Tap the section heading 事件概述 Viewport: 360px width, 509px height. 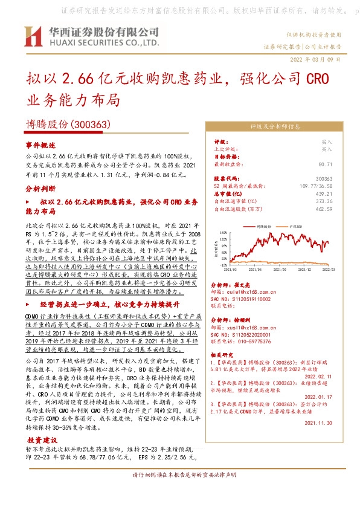pyautogui.click(x=40, y=145)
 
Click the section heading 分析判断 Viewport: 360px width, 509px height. pyautogui.click(x=40, y=189)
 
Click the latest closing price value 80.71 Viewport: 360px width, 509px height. pyautogui.click(x=325, y=164)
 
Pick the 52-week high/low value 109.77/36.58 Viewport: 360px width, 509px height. pyautogui.click(x=318, y=186)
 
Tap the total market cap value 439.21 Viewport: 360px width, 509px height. pyautogui.click(x=325, y=193)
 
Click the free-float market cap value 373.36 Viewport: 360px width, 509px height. pyautogui.click(x=325, y=201)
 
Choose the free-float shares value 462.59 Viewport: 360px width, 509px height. pyautogui.click(x=325, y=209)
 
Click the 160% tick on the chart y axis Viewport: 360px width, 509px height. pyautogui.click(x=223, y=232)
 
